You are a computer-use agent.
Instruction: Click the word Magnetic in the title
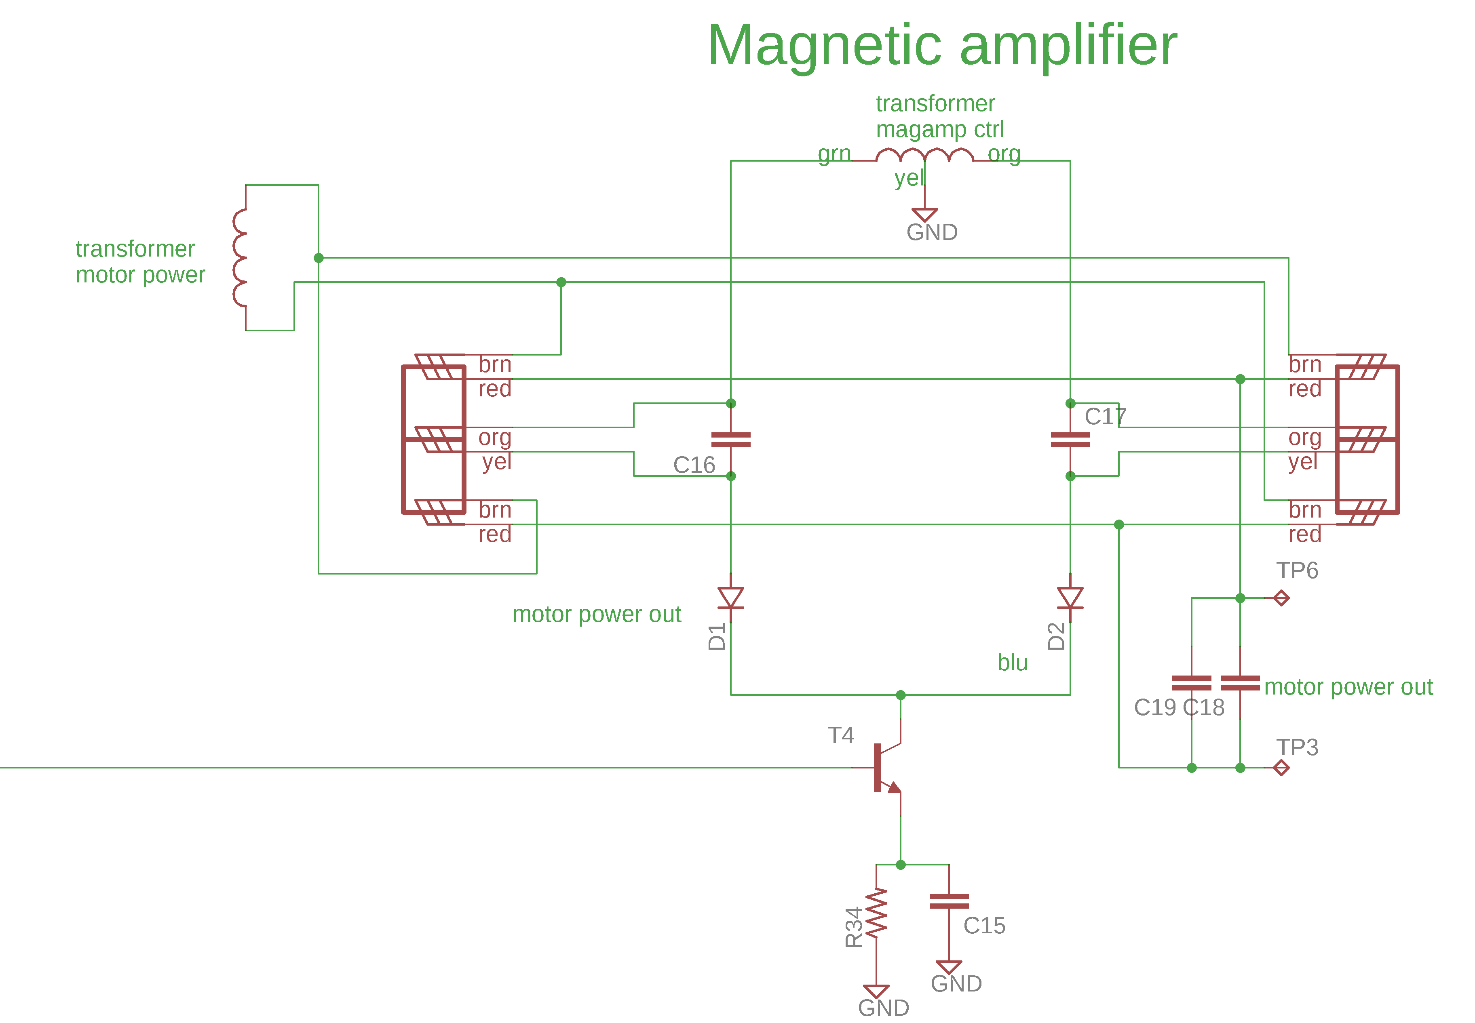(x=824, y=46)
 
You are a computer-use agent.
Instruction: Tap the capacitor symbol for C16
(x=730, y=440)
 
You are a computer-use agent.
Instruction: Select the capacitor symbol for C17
(x=1070, y=440)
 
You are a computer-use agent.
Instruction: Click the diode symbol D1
(x=730, y=598)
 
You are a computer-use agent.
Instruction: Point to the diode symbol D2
(x=1070, y=598)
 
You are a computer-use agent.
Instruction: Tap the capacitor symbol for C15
(x=948, y=901)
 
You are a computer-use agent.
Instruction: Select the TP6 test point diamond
(x=1281, y=598)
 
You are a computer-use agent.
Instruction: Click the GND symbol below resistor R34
(x=876, y=991)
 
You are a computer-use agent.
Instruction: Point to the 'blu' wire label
(x=1012, y=663)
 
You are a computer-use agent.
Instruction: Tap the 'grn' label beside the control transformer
(x=834, y=154)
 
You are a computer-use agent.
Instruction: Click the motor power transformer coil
(x=240, y=258)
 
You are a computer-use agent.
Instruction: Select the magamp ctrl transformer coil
(x=924, y=154)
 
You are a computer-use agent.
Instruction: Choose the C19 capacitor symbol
(x=1191, y=683)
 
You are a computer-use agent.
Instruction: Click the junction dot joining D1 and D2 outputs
(x=900, y=695)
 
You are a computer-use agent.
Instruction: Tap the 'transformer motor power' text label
(x=140, y=261)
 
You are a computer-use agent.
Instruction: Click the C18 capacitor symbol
(x=1240, y=683)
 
